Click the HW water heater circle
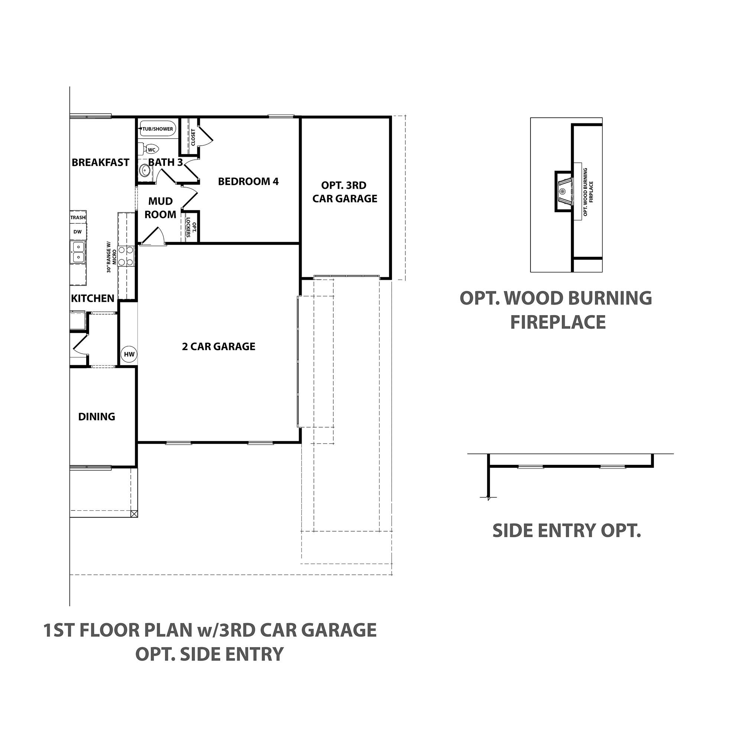pyautogui.click(x=129, y=354)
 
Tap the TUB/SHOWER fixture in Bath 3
pyautogui.click(x=158, y=129)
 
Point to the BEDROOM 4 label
pyautogui.click(x=248, y=182)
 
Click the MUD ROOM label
pyautogui.click(x=160, y=208)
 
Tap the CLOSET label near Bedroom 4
pyautogui.click(x=193, y=137)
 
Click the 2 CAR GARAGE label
pyautogui.click(x=218, y=347)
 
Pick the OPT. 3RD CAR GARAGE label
pyautogui.click(x=345, y=192)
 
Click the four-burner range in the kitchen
pyautogui.click(x=126, y=256)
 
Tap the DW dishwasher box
pyautogui.click(x=78, y=231)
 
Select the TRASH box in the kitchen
pyautogui.click(x=78, y=218)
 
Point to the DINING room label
pyautogui.click(x=97, y=416)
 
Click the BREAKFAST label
pyautogui.click(x=100, y=163)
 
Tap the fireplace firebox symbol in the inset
pyautogui.click(x=563, y=191)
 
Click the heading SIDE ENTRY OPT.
pyautogui.click(x=567, y=531)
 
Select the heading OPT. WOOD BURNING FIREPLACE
pyautogui.click(x=556, y=310)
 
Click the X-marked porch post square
pyautogui.click(x=134, y=513)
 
